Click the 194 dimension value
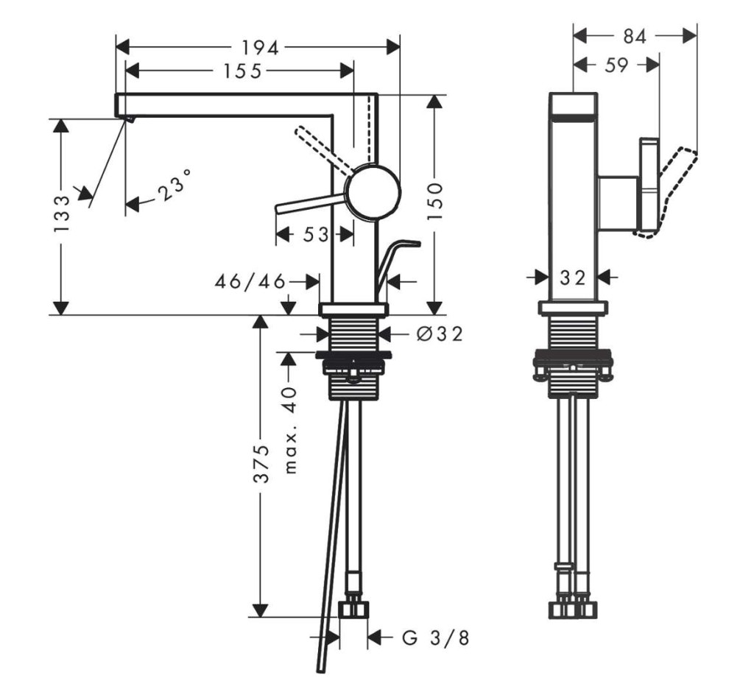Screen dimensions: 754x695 (x=260, y=47)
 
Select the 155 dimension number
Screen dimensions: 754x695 (x=243, y=71)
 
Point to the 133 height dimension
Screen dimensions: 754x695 (x=62, y=214)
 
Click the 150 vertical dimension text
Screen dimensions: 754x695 (x=434, y=201)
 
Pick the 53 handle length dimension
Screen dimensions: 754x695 (x=315, y=235)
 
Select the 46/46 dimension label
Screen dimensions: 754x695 (x=250, y=282)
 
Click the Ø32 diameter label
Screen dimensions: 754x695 (x=440, y=333)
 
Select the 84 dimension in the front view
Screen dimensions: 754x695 (x=635, y=36)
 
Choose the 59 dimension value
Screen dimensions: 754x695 (x=616, y=66)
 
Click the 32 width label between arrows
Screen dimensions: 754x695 (x=573, y=277)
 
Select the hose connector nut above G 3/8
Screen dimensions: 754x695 (x=354, y=609)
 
